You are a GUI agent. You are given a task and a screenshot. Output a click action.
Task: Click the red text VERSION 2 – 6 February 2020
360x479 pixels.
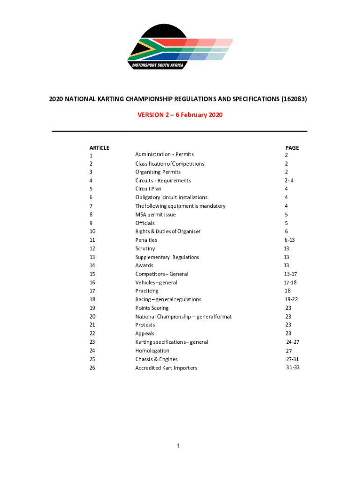point(180,115)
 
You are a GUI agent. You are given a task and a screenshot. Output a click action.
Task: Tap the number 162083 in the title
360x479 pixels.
point(294,100)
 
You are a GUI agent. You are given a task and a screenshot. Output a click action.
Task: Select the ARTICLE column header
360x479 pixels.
point(99,148)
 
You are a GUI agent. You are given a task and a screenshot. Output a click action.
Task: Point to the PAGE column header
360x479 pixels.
point(292,148)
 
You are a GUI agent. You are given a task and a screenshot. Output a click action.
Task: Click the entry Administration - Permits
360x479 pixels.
point(164,154)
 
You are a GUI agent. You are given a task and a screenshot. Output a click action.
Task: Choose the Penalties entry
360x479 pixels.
point(146,240)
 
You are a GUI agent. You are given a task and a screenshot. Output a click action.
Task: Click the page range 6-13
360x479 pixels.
point(289,240)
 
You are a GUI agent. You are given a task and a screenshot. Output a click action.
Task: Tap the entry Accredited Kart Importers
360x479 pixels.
point(166,368)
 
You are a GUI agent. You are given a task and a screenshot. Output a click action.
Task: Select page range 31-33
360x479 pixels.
point(293,368)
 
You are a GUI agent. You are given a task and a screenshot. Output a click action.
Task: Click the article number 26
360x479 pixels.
point(92,368)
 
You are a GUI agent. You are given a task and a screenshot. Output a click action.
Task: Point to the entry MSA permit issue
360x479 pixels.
point(156,215)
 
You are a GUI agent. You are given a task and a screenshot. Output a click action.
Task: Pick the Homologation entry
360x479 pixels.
point(152,351)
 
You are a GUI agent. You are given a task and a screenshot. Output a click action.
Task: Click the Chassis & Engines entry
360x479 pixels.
point(156,359)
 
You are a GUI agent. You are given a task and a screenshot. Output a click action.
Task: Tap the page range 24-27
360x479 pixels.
point(293,342)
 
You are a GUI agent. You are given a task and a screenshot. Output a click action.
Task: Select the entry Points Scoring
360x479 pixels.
point(152,308)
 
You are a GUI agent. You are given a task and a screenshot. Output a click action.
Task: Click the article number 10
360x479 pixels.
point(92,232)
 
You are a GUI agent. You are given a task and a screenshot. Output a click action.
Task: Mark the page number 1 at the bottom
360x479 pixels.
point(179,446)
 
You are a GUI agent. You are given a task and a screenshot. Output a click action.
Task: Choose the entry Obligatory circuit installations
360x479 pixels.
point(171,197)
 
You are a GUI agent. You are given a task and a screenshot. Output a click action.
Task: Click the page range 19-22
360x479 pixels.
point(291,299)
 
